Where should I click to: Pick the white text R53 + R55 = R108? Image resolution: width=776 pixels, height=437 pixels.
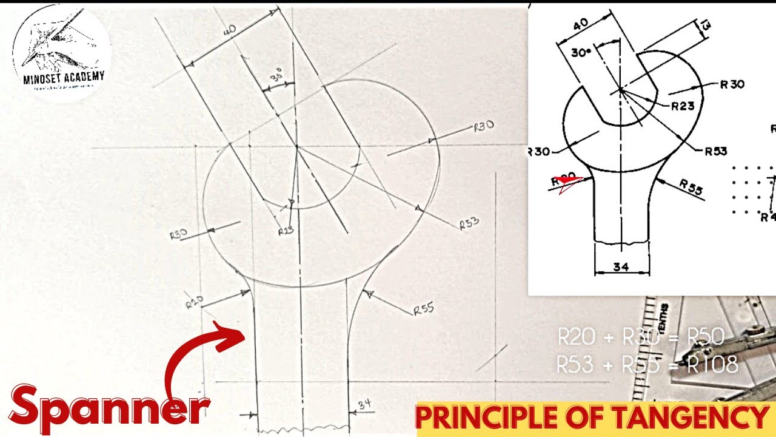[647, 364]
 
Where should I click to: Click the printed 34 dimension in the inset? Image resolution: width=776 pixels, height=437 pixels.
[621, 266]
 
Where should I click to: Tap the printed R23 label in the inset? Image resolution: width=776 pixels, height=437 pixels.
[683, 107]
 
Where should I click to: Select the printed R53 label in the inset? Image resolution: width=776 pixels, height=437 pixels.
[715, 151]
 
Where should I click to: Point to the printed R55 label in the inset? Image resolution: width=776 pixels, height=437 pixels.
[691, 188]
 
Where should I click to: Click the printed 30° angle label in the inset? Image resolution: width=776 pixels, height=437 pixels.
[581, 53]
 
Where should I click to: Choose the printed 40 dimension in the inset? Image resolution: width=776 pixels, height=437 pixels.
[580, 25]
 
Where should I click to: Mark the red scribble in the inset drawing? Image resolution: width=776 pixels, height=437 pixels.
[566, 183]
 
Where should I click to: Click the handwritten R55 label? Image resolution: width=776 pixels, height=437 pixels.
[424, 310]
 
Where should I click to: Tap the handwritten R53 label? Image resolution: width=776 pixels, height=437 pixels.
[469, 223]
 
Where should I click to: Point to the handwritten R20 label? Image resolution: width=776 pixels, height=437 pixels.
[195, 302]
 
